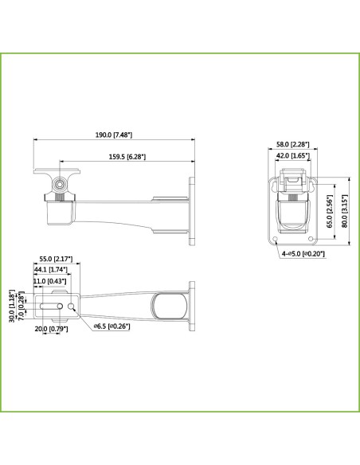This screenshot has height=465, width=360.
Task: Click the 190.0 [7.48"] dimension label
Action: [x=114, y=135]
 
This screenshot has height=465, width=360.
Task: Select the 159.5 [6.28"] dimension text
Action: [x=127, y=157]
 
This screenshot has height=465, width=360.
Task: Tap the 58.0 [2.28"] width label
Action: [x=292, y=144]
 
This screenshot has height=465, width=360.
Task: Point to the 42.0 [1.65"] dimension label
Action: [x=293, y=156]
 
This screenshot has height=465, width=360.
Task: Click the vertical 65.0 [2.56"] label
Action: [x=330, y=211]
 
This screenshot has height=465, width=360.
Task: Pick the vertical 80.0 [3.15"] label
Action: [x=344, y=211]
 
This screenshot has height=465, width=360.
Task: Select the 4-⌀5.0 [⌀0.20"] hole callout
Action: [x=303, y=254]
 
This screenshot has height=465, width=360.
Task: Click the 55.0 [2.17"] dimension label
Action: [x=56, y=259]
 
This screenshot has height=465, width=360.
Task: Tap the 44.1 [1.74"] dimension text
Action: [x=51, y=270]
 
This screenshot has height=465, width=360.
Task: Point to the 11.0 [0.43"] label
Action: [x=49, y=281]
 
